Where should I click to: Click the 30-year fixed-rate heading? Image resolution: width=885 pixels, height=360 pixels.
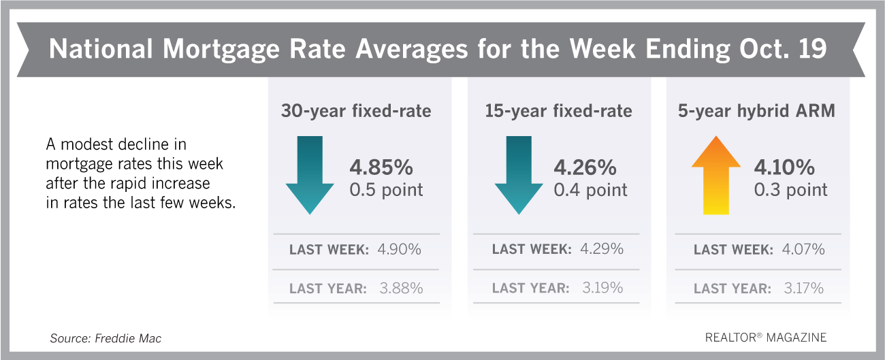(x=355, y=111)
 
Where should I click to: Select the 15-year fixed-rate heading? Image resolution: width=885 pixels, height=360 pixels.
(x=558, y=111)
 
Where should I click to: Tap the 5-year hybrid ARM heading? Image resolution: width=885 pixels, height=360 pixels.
(x=756, y=111)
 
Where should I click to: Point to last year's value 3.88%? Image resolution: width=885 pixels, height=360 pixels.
(x=400, y=289)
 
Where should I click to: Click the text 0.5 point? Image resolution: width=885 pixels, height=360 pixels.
(x=386, y=190)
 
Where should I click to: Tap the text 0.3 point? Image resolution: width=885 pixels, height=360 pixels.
(x=790, y=190)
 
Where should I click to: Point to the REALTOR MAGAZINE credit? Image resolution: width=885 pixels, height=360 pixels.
(x=765, y=338)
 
